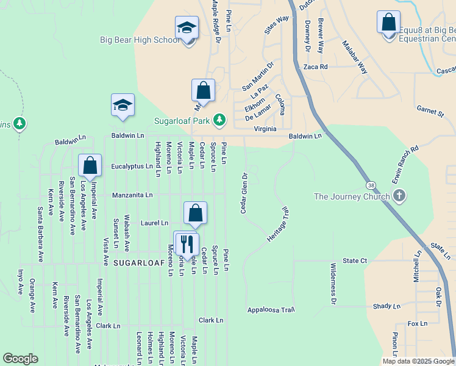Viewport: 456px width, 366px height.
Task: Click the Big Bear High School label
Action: [x=140, y=40]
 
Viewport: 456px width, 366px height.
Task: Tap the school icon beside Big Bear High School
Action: [x=187, y=28]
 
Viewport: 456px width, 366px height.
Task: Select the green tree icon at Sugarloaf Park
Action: [x=219, y=120]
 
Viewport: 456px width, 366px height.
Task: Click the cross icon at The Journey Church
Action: [x=399, y=196]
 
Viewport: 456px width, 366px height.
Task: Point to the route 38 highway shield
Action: [x=371, y=184]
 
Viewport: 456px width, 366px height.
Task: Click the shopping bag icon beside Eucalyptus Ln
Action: [x=90, y=166]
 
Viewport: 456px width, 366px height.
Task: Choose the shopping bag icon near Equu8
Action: [x=388, y=23]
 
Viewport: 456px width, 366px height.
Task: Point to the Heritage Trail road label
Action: [x=277, y=224]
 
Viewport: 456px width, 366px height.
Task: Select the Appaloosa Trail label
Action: [x=271, y=310]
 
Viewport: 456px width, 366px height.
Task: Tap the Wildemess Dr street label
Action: [x=333, y=284]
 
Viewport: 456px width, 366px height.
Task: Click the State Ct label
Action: [x=355, y=260]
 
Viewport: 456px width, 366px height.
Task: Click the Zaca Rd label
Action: [x=316, y=66]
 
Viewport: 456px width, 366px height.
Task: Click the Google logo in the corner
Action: [x=20, y=359]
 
